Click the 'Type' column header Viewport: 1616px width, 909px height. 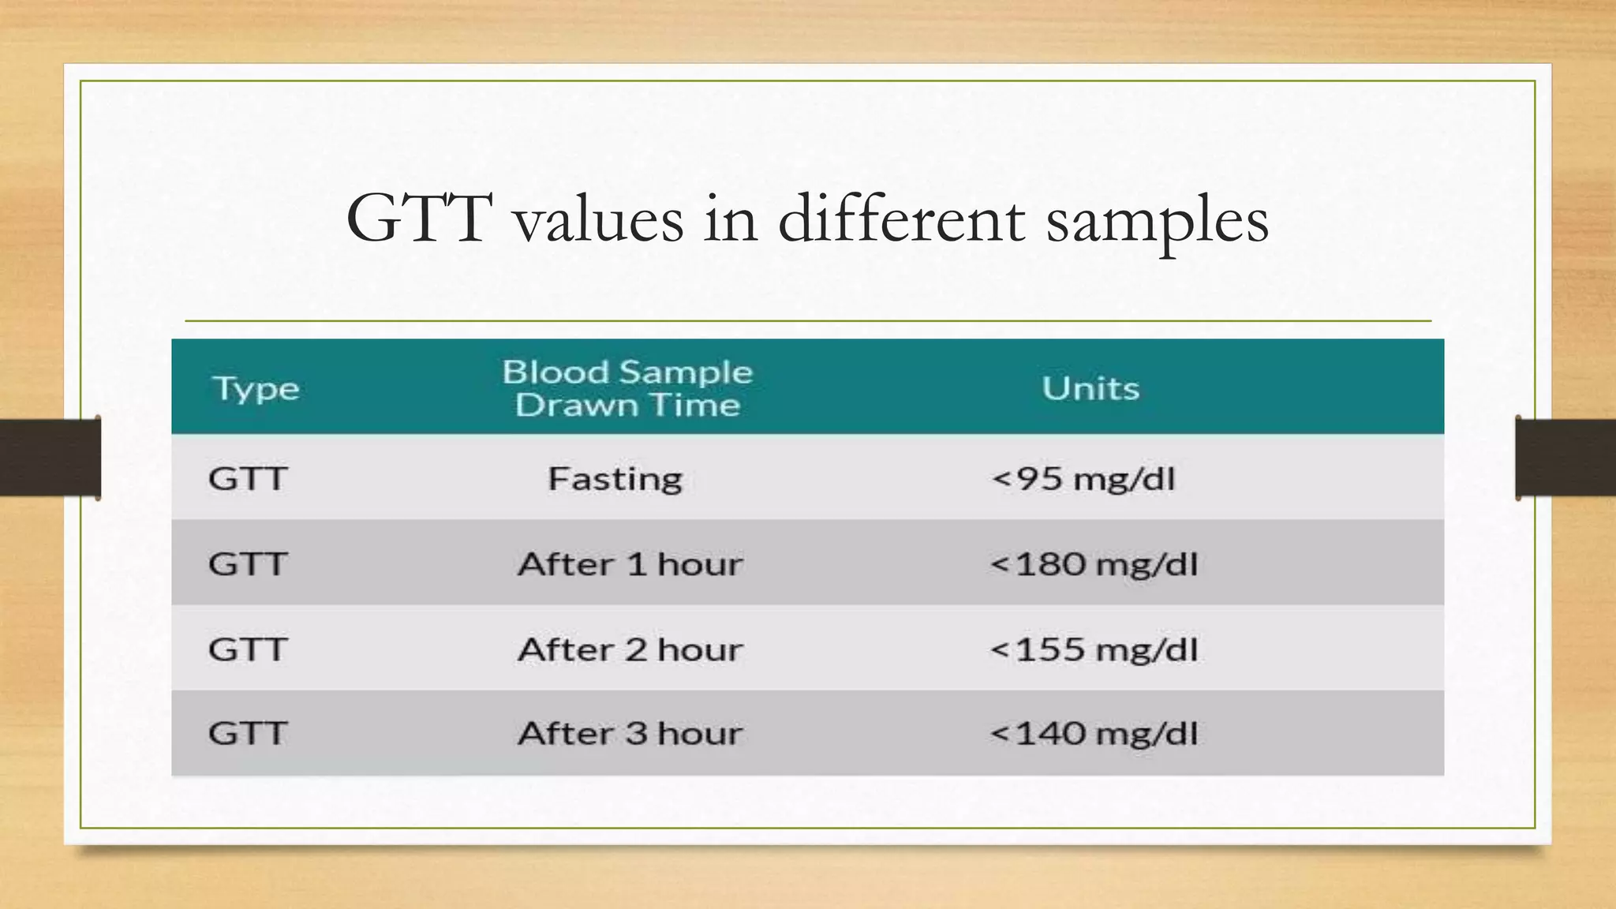pyautogui.click(x=256, y=389)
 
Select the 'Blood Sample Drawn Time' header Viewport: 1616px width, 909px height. pyautogui.click(x=628, y=388)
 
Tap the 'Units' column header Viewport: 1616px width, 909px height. pyautogui.click(x=1090, y=388)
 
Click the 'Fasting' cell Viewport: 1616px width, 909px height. pyautogui.click(x=615, y=479)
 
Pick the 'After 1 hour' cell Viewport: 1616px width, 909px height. pyautogui.click(x=630, y=564)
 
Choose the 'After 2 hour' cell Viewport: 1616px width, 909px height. pyautogui.click(x=630, y=649)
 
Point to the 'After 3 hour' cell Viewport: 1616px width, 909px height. pyautogui.click(x=630, y=734)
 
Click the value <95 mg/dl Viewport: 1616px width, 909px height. pyautogui.click(x=1083, y=479)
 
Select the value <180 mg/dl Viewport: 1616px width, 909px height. pyautogui.click(x=1094, y=564)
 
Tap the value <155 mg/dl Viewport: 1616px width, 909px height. pyautogui.click(x=1094, y=649)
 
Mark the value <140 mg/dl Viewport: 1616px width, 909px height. pyautogui.click(x=1094, y=734)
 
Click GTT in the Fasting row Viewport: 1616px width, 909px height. pyautogui.click(x=247, y=479)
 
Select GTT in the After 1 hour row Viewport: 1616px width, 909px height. pyautogui.click(x=247, y=564)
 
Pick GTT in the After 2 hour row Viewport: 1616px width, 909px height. pyautogui.click(x=247, y=649)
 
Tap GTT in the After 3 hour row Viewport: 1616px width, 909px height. pyautogui.click(x=247, y=734)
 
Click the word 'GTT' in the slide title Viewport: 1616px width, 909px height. pyautogui.click(x=419, y=219)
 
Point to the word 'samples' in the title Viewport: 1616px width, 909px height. pyautogui.click(x=1157, y=221)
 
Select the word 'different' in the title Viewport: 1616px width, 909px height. pyautogui.click(x=901, y=219)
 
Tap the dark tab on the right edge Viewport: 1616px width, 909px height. pyautogui.click(x=1565, y=458)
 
